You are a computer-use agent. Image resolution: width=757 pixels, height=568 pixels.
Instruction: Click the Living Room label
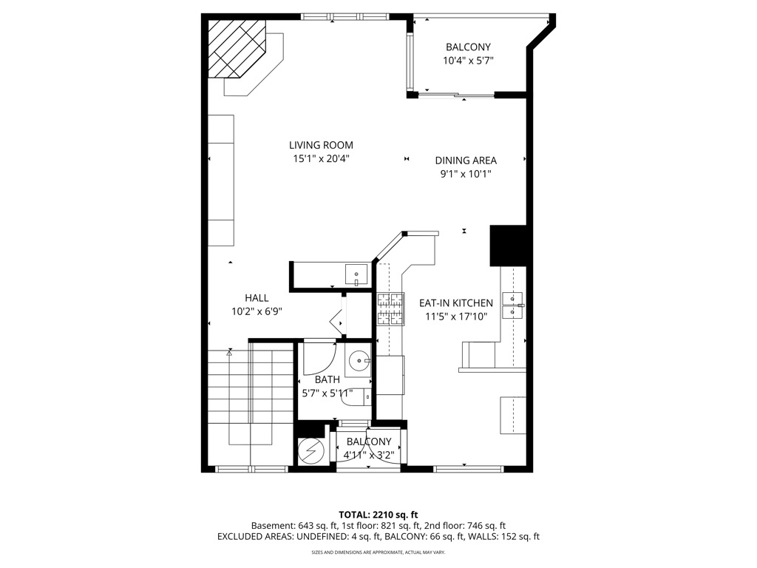click(321, 145)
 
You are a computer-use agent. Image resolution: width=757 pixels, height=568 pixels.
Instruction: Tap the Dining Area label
click(465, 160)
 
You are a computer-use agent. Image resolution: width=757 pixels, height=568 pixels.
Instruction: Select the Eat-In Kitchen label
click(455, 302)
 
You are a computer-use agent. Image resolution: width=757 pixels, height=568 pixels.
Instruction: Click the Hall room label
click(257, 297)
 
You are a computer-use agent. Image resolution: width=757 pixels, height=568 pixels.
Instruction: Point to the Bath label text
click(327, 379)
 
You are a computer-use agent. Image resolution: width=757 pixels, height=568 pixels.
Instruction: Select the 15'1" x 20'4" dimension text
click(321, 158)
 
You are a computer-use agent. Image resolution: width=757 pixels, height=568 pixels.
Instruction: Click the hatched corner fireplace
click(235, 48)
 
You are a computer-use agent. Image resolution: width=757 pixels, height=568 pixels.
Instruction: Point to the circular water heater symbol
click(310, 450)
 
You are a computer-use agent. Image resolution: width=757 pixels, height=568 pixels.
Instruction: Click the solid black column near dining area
click(509, 246)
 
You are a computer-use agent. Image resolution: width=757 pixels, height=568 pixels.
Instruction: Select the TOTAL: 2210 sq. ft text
click(378, 514)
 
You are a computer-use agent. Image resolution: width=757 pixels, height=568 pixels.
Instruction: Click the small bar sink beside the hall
click(356, 274)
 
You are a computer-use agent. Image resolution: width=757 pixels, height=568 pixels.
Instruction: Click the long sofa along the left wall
click(220, 180)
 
